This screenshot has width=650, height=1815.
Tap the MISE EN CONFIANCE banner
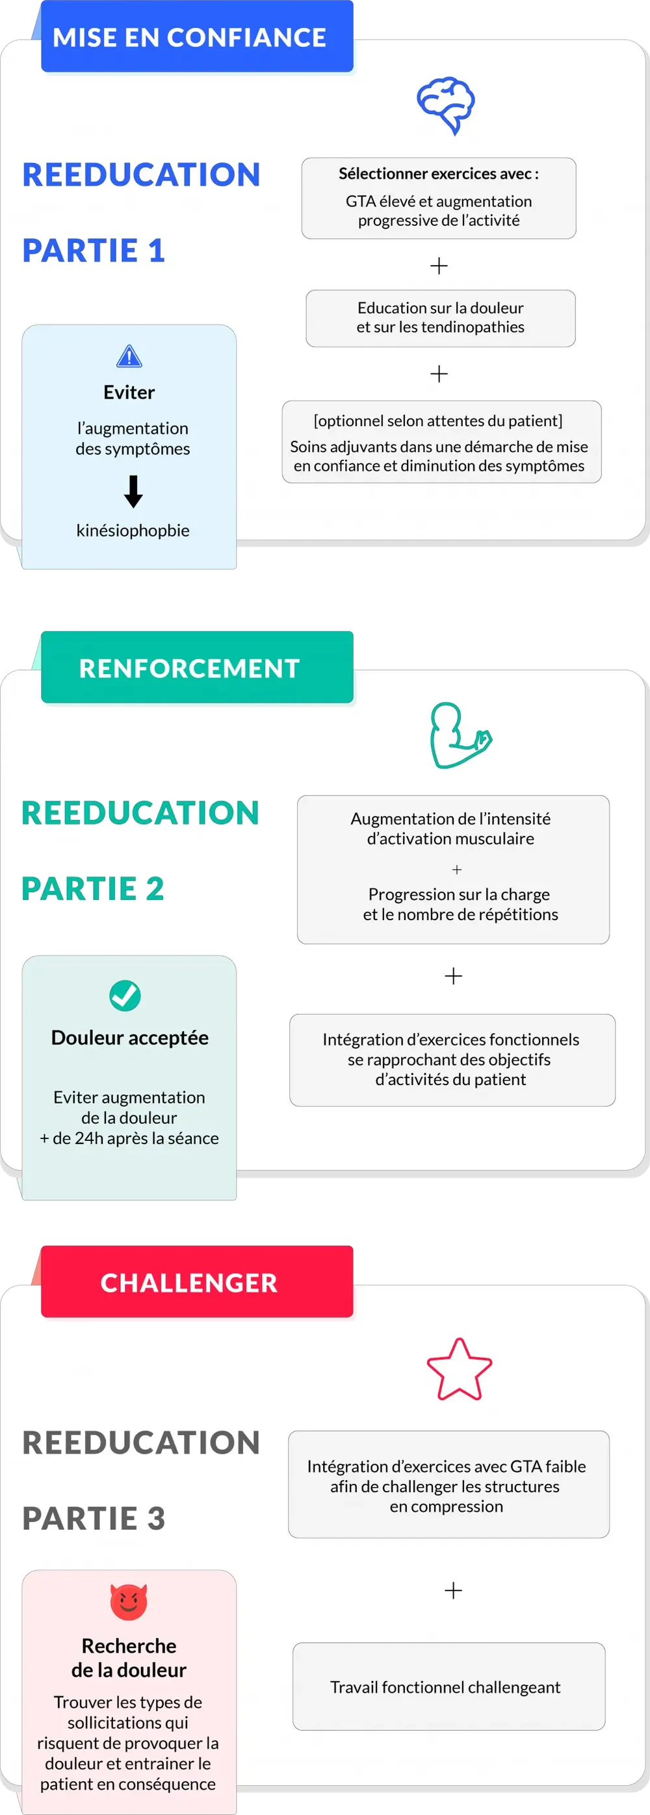click(x=197, y=36)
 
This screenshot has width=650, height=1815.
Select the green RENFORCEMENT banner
click(x=197, y=668)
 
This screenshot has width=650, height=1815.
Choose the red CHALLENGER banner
click(x=197, y=1282)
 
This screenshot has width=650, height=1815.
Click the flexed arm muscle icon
click(x=460, y=736)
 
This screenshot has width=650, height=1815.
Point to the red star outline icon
click(x=459, y=1369)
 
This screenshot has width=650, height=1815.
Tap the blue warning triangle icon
click(x=129, y=357)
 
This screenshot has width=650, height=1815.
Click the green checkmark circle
click(x=125, y=995)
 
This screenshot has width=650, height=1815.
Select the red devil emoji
click(x=129, y=1601)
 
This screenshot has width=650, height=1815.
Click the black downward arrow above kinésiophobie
click(x=133, y=492)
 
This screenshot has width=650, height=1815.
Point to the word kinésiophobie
click(x=133, y=531)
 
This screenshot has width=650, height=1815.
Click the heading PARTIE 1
click(x=94, y=251)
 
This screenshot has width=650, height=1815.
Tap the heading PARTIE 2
click(x=93, y=888)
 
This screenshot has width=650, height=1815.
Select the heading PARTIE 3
click(x=94, y=1518)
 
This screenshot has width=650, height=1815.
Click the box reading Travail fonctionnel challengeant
click(x=449, y=1686)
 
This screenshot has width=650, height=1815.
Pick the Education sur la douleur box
click(x=441, y=318)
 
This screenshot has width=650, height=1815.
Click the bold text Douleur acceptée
click(x=130, y=1038)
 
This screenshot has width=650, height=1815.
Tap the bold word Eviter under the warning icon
click(x=129, y=392)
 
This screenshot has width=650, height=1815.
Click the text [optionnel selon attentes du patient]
click(x=439, y=421)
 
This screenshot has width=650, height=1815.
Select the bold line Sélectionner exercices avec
click(x=439, y=173)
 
